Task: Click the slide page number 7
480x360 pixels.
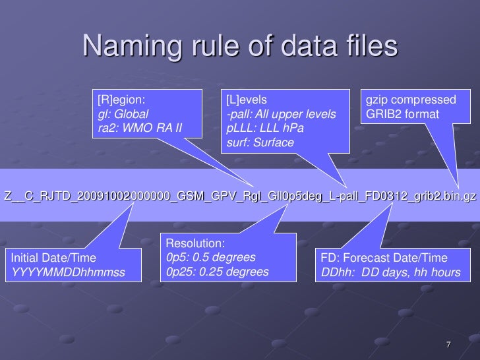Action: pos(448,345)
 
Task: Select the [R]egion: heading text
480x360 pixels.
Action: pos(122,100)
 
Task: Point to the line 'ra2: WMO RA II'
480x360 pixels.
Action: pos(139,128)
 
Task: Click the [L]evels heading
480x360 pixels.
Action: pos(245,100)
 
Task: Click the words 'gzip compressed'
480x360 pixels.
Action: pos(411,100)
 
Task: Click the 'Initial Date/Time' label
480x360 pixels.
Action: pos(53,258)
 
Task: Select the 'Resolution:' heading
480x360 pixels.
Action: pos(195,243)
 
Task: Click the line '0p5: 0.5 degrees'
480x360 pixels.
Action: pos(211,257)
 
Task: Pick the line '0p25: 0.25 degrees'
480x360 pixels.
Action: pos(217,271)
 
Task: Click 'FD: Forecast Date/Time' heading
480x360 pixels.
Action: pos(384,258)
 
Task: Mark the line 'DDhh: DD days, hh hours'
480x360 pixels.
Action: pos(390,272)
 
